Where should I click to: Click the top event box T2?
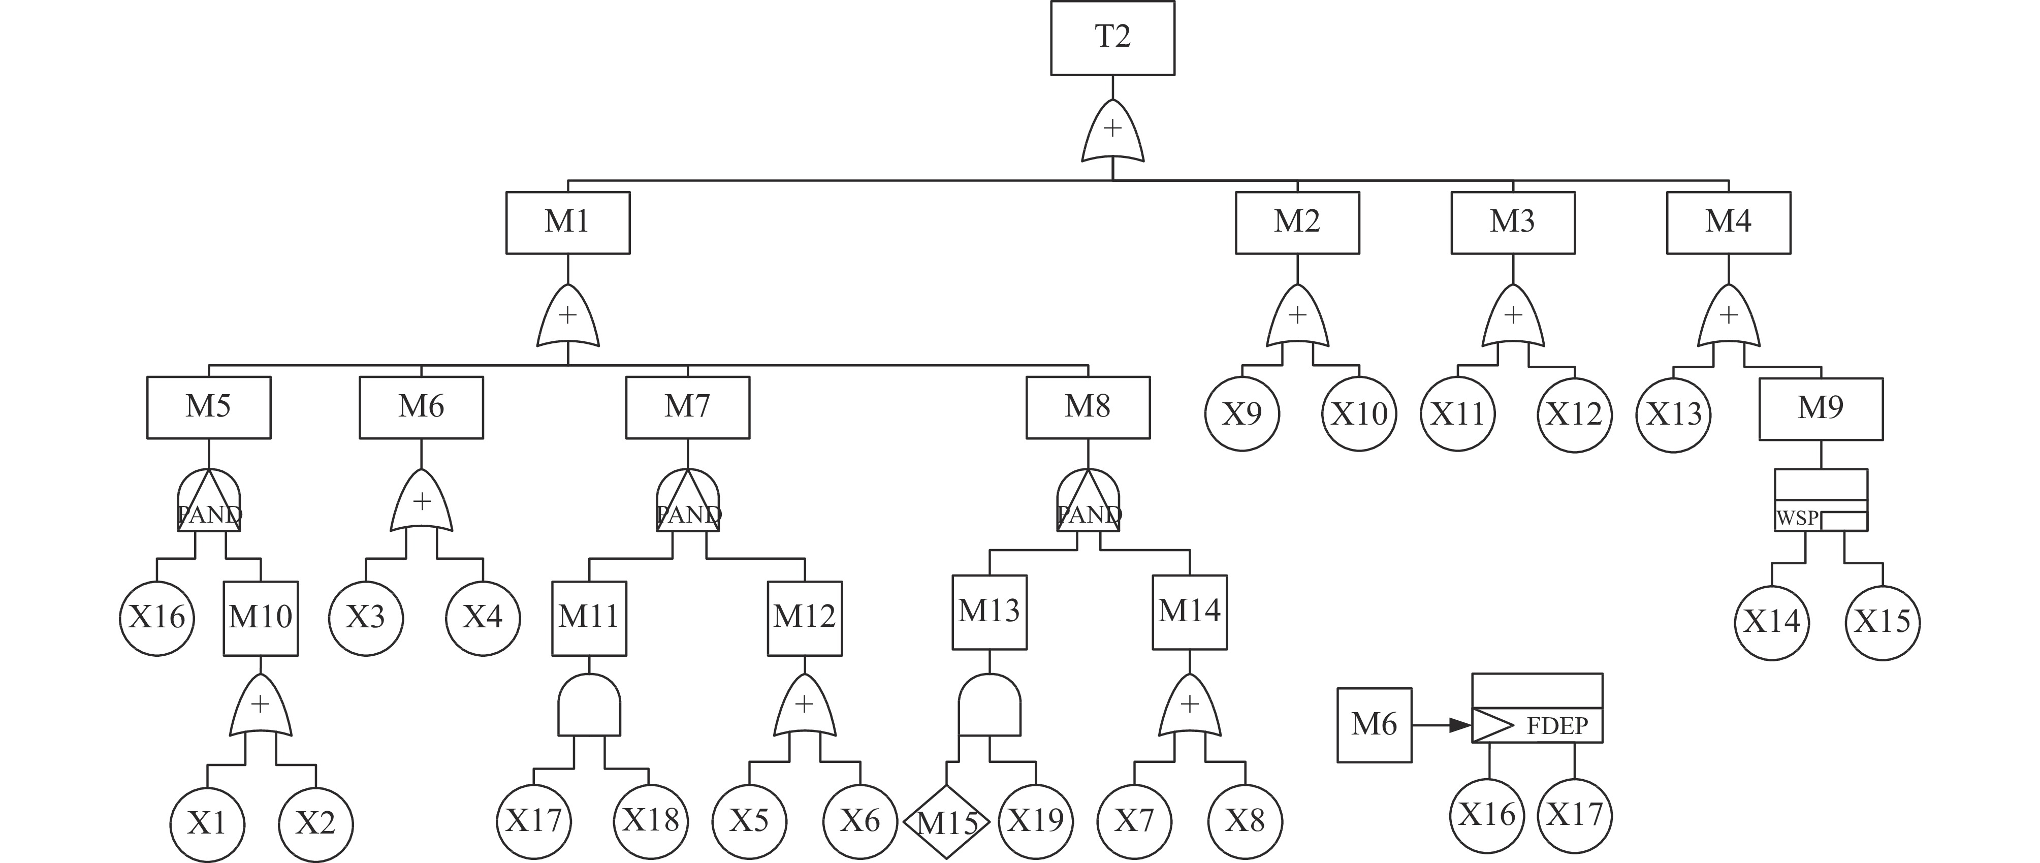[1112, 38]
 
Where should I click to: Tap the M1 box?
[568, 222]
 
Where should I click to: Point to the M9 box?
[1821, 408]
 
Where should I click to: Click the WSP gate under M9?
[1821, 500]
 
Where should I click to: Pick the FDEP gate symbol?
[1536, 709]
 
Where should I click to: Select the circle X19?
[1036, 821]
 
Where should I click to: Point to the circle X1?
[207, 824]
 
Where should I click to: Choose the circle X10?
[1359, 414]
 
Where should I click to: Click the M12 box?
[805, 618]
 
